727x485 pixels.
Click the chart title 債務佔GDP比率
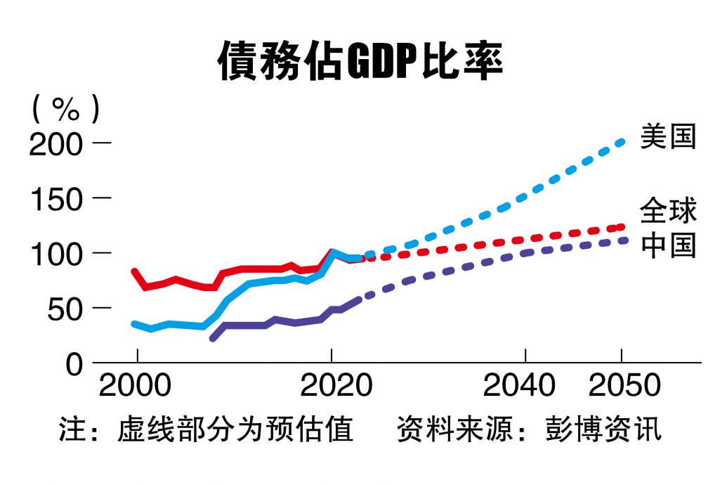[x=360, y=62]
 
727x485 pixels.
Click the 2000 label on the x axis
[x=136, y=386]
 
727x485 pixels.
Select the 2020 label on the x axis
[x=331, y=386]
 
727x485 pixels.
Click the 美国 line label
[x=667, y=137]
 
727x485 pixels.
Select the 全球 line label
[x=667, y=211]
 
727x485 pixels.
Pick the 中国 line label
[x=667, y=246]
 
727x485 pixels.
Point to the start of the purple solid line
[x=213, y=338]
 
